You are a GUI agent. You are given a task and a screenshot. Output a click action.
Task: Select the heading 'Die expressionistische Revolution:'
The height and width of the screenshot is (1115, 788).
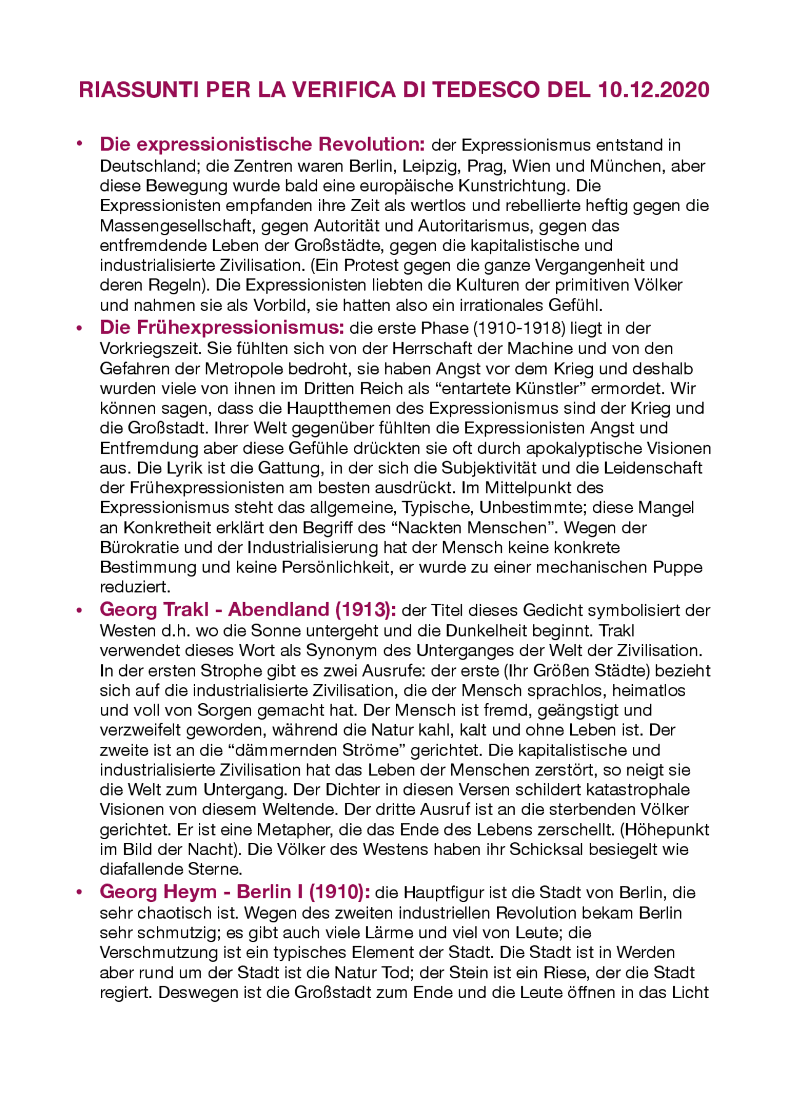click(262, 144)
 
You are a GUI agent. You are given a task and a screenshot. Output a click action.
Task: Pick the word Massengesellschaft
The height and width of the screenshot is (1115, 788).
click(178, 225)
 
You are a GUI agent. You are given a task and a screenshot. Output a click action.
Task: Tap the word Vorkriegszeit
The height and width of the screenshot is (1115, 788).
click(150, 348)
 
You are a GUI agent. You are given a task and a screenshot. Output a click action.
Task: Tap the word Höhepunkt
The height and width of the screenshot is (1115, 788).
click(667, 829)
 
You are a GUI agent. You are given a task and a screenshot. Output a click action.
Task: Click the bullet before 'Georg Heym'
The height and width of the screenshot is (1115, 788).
click(79, 892)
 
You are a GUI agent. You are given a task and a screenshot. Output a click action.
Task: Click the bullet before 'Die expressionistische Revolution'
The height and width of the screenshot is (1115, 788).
click(79, 145)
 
